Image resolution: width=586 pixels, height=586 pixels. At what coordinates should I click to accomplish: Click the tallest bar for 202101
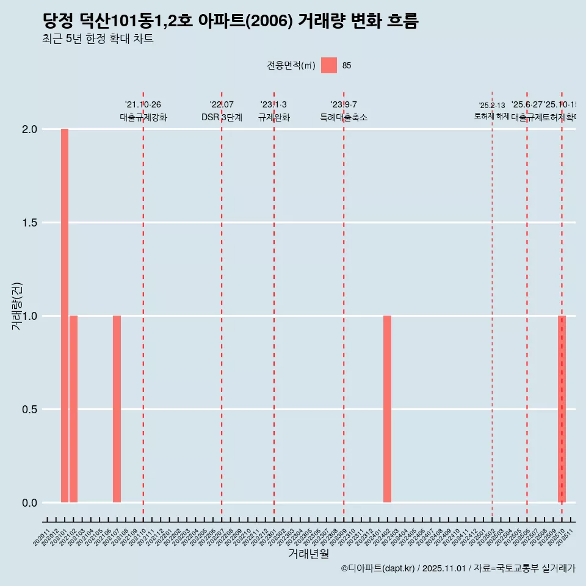pyautogui.click(x=65, y=316)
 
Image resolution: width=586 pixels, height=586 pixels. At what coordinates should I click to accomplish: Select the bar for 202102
pyautogui.click(x=73, y=409)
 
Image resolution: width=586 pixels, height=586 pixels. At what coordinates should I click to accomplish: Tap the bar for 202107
pyautogui.click(x=117, y=409)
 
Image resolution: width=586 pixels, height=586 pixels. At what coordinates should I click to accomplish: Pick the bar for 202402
pyautogui.click(x=387, y=409)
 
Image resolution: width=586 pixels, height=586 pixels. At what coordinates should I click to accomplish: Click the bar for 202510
pyautogui.click(x=562, y=409)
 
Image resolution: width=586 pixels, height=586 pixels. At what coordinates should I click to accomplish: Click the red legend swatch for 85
pyautogui.click(x=329, y=65)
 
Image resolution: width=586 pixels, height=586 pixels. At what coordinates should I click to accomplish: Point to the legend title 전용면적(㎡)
pyautogui.click(x=291, y=66)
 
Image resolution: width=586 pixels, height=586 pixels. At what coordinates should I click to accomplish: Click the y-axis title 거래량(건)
pyautogui.click(x=17, y=306)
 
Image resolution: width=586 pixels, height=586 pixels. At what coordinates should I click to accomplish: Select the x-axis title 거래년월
pyautogui.click(x=308, y=554)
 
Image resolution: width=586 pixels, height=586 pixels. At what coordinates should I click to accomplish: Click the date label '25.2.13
pyautogui.click(x=492, y=106)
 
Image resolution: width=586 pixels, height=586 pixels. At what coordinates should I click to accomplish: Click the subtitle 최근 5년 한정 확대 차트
pyautogui.click(x=98, y=39)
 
